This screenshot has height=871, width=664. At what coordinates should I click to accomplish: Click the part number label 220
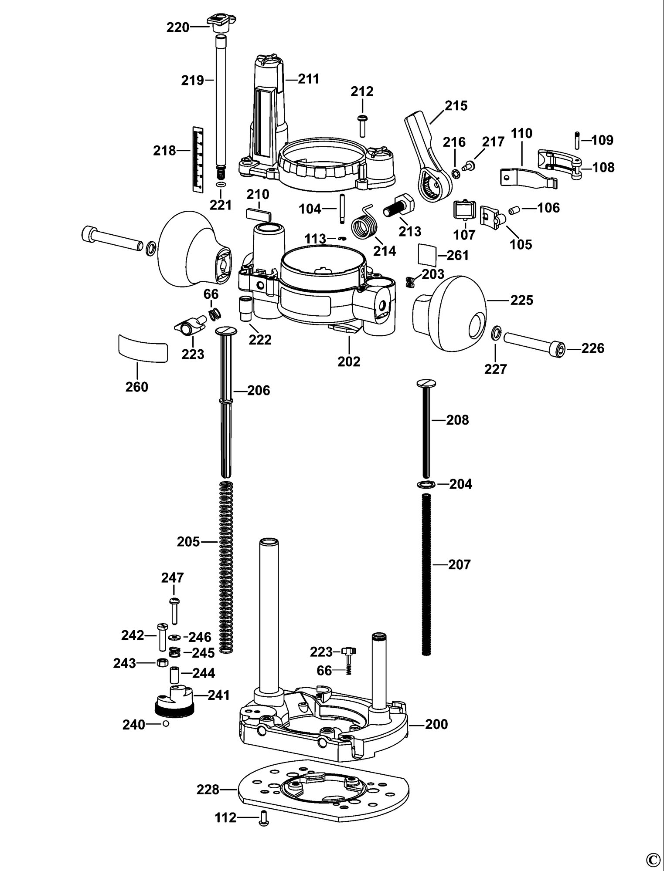(x=177, y=27)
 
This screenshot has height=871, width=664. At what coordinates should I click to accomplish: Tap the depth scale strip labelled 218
(x=198, y=159)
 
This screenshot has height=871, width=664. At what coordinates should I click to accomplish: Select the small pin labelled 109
(x=576, y=140)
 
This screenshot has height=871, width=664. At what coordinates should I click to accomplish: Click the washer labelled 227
(x=496, y=334)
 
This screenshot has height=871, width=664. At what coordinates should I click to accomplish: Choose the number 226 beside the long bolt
(x=592, y=348)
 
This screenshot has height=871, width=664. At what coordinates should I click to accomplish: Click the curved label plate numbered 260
(x=143, y=347)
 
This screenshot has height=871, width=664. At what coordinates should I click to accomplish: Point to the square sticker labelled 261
(x=427, y=255)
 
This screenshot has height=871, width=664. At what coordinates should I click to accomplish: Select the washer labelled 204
(x=426, y=484)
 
